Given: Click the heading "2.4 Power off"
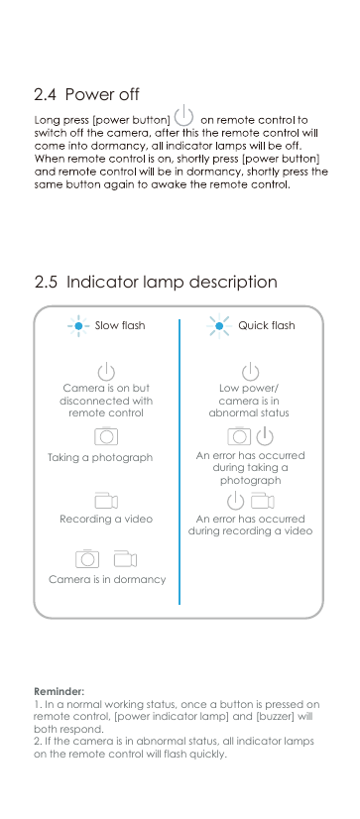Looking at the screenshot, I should (86, 95).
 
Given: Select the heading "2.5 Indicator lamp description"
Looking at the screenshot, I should (156, 283).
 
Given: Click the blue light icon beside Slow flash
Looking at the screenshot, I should (78, 325).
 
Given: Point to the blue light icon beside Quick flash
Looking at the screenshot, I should (219, 325).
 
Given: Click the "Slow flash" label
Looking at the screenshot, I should (119, 326).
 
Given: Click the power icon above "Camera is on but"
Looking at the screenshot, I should (106, 371).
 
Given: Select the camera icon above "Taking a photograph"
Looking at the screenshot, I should (106, 436).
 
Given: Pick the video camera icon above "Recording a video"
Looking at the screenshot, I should (106, 500).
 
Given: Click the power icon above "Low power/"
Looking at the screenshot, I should (251, 371).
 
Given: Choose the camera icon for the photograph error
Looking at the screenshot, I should (238, 436).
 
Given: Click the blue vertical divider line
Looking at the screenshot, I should (180, 461).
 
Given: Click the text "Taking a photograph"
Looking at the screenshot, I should (100, 458).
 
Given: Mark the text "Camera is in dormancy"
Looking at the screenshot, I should (107, 579).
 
